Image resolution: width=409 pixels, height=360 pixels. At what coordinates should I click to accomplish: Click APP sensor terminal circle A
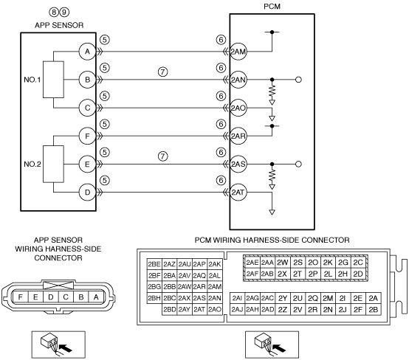point(87,52)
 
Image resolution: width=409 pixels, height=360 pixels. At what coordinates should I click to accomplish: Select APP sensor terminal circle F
point(87,136)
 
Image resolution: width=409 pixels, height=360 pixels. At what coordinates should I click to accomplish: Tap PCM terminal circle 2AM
point(238,52)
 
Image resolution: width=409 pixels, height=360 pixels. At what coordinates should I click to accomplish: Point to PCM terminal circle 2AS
point(238,165)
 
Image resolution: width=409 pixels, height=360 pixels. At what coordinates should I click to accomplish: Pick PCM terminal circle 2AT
point(238,193)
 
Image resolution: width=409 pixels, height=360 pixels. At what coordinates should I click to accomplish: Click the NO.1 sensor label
point(32,80)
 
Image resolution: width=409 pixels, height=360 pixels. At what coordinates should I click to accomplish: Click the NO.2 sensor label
point(32,165)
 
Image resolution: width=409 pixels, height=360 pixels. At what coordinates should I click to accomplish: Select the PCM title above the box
point(272,7)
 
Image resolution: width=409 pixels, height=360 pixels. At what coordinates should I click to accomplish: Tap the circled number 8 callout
point(54,12)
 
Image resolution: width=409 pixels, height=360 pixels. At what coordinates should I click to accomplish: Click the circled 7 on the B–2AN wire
point(162,72)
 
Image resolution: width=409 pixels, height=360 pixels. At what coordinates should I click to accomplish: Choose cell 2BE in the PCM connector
point(154,264)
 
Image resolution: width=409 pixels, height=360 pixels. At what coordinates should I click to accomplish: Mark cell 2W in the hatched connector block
point(282,263)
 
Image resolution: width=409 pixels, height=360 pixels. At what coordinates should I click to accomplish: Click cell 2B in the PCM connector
point(374,309)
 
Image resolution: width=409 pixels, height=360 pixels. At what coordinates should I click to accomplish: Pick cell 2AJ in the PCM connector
point(238,309)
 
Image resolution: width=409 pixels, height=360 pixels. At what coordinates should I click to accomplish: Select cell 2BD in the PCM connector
point(170,309)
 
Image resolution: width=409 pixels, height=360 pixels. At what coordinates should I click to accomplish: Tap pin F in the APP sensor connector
point(21,297)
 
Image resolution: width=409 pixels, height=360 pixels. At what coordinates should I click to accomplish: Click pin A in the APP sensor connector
point(96,297)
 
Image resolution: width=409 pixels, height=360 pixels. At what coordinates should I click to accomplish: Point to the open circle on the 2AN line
point(299,80)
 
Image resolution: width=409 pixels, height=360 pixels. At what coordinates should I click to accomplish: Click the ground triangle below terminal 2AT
point(272,212)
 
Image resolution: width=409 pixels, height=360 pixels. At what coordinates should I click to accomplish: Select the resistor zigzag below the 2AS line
point(272,176)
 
